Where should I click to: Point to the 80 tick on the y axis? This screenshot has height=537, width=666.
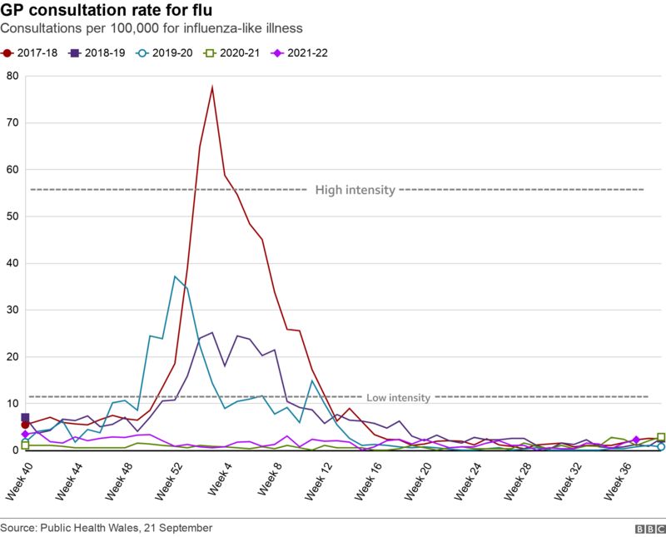[x=12, y=76]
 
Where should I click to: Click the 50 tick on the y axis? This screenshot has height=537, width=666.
[x=12, y=216]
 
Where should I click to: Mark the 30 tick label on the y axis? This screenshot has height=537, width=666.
[x=12, y=310]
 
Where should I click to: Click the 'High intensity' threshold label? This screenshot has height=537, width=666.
[x=355, y=190]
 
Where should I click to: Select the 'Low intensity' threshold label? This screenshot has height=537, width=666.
[x=398, y=398]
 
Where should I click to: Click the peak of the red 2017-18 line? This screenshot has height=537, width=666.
[x=212, y=87]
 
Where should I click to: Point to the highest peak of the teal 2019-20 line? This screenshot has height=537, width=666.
[x=175, y=276]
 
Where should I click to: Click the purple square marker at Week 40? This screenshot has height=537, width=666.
[x=25, y=418]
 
